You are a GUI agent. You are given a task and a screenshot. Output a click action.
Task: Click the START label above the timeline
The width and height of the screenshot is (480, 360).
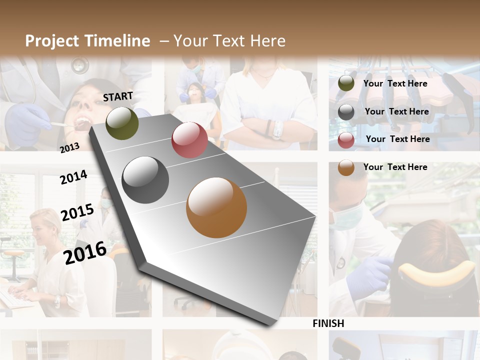pyautogui.click(x=118, y=96)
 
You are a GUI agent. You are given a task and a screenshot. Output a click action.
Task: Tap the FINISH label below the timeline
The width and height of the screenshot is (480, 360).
pyautogui.click(x=328, y=323)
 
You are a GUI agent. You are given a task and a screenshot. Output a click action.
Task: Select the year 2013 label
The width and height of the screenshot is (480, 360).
pyautogui.click(x=69, y=148)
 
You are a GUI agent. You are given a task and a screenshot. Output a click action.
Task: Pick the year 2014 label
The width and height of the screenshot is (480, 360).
pyautogui.click(x=73, y=177)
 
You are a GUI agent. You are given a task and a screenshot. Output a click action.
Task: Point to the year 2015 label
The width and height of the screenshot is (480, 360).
pyautogui.click(x=77, y=212)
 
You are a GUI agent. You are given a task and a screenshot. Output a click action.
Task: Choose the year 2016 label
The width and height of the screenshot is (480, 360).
pyautogui.click(x=85, y=252)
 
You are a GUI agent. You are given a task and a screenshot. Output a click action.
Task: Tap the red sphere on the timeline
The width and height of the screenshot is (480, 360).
pyautogui.click(x=189, y=140)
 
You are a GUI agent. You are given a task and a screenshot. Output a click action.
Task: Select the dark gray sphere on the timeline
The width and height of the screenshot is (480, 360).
pyautogui.click(x=145, y=180)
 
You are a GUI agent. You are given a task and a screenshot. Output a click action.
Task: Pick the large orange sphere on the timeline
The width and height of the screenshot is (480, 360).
pyautogui.click(x=216, y=207)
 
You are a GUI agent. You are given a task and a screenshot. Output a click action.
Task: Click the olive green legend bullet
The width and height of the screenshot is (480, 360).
pyautogui.click(x=346, y=83)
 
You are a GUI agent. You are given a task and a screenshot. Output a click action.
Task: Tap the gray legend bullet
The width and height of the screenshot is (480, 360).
pyautogui.click(x=346, y=112)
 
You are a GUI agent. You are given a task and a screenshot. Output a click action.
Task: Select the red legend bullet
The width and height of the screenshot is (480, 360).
pyautogui.click(x=346, y=139)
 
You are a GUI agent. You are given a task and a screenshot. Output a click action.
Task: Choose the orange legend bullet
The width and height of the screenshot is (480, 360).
pyautogui.click(x=346, y=167)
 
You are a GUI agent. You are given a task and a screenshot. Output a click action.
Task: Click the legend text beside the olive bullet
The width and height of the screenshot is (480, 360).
pyautogui.click(x=395, y=83)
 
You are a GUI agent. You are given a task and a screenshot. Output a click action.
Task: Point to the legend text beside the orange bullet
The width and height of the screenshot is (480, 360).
pyautogui.click(x=395, y=167)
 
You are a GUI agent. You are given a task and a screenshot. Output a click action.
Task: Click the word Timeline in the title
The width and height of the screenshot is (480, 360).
pyautogui.click(x=117, y=41)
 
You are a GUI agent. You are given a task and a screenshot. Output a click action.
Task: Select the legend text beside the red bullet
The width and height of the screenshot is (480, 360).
pyautogui.click(x=398, y=139)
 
